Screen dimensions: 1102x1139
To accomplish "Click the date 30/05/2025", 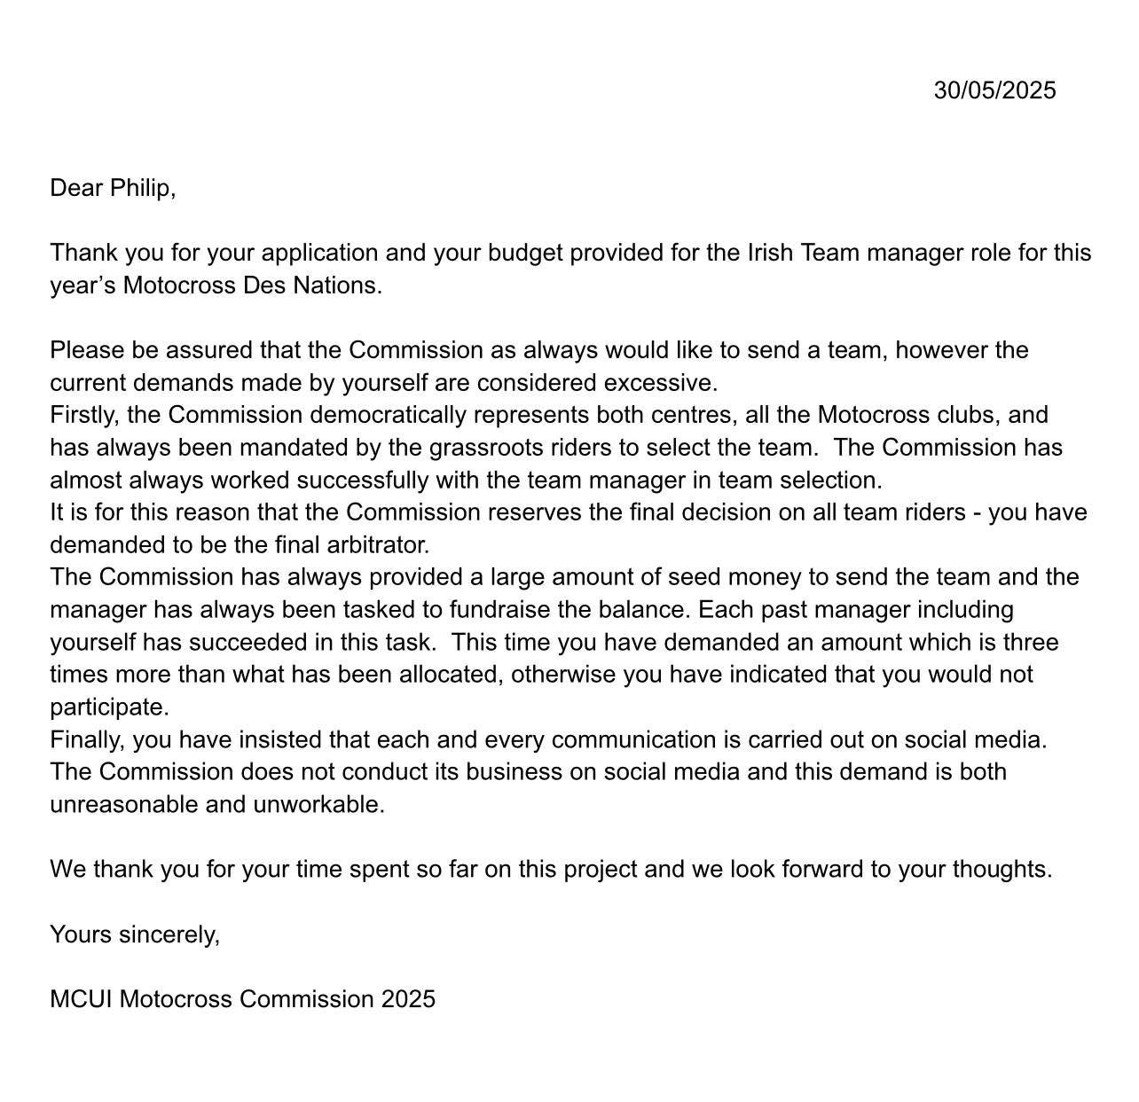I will click(x=994, y=90).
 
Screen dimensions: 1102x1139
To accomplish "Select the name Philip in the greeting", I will click(x=141, y=188).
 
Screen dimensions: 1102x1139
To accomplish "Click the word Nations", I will click(x=342, y=285).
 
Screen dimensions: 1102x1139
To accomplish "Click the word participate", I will click(x=108, y=707).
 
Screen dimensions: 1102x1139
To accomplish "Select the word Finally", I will click(x=86, y=739).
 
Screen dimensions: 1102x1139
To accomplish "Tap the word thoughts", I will click(x=1002, y=869).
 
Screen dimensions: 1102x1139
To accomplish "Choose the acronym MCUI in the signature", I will click(x=81, y=999).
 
